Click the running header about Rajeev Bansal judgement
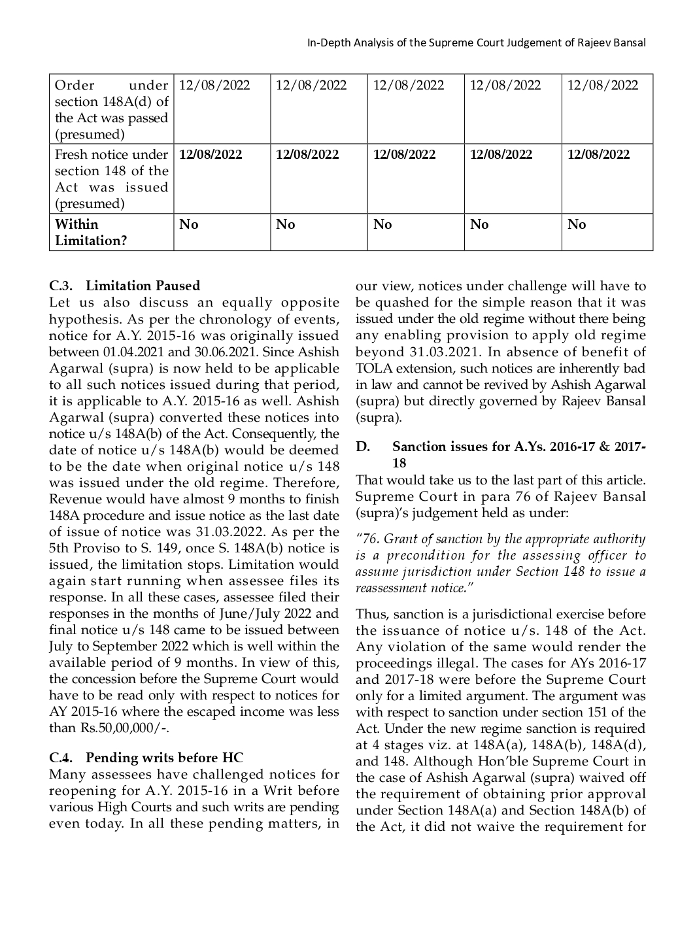click(x=476, y=42)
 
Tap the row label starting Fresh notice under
click(x=111, y=178)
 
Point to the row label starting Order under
click(x=111, y=110)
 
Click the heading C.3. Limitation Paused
click(x=124, y=286)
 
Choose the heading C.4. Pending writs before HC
click(x=146, y=758)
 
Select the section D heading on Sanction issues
click(x=501, y=454)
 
